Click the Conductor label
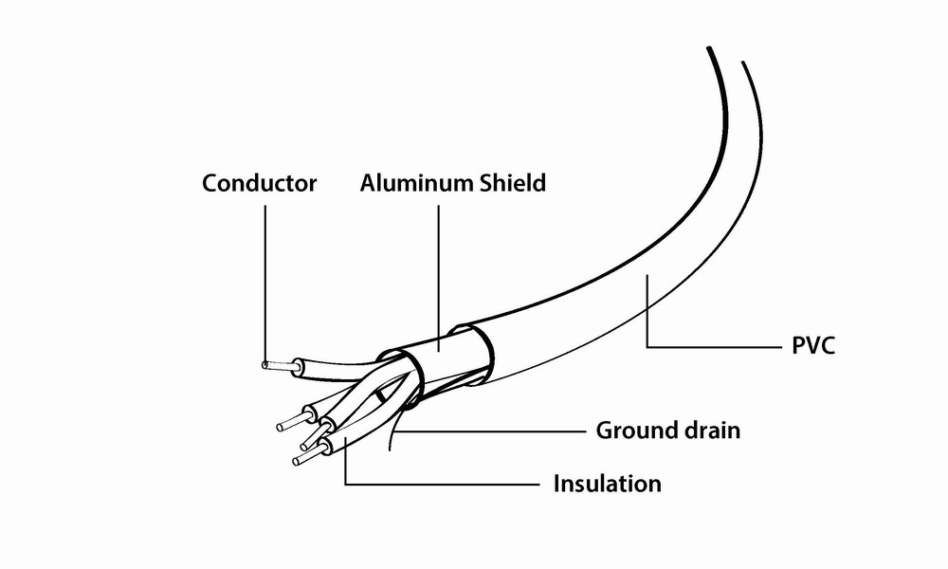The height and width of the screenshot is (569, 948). click(x=259, y=183)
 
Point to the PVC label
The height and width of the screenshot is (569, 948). click(x=812, y=345)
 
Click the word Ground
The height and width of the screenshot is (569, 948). click(x=631, y=431)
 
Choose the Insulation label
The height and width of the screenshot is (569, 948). click(x=607, y=484)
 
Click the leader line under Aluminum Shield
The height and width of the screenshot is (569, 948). click(x=440, y=275)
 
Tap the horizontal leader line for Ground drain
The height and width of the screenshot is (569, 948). click(x=493, y=431)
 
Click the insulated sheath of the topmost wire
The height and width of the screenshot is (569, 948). click(x=332, y=364)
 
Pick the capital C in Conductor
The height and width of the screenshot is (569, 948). click(x=210, y=183)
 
